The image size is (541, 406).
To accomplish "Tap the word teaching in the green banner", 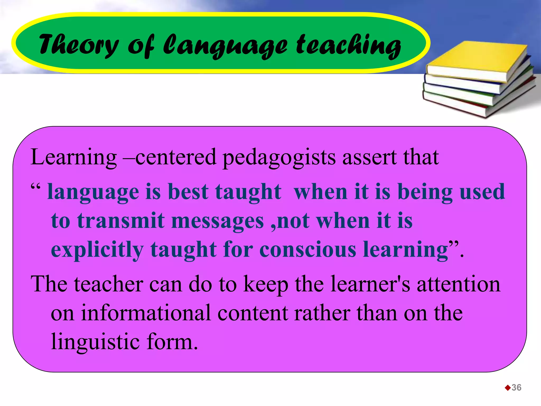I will click(x=348, y=45).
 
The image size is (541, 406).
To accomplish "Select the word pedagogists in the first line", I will click(x=279, y=158).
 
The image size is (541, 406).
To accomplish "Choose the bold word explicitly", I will click(x=97, y=250).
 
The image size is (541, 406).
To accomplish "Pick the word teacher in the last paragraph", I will click(x=109, y=284).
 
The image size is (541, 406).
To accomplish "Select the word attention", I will click(x=459, y=284).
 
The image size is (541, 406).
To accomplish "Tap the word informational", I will click(x=146, y=313).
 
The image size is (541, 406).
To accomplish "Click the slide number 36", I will click(x=516, y=387).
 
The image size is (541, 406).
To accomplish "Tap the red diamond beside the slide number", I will click(x=507, y=388).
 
